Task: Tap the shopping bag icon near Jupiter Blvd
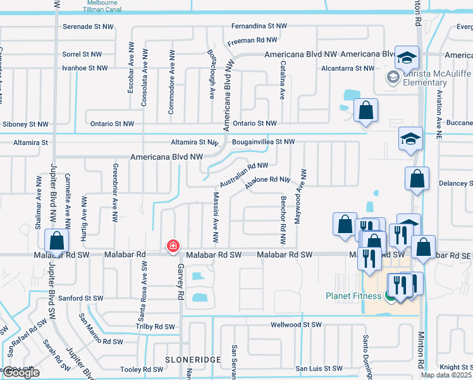[x=57, y=241]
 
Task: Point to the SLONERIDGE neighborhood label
[x=193, y=359]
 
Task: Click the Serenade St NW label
[x=89, y=27]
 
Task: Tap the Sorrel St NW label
[x=82, y=54]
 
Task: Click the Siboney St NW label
[x=26, y=124]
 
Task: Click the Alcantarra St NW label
[x=347, y=68]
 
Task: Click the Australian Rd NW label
[x=244, y=174]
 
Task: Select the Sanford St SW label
[x=80, y=298]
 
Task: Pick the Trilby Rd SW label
[x=154, y=327]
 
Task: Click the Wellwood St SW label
[x=297, y=324]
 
